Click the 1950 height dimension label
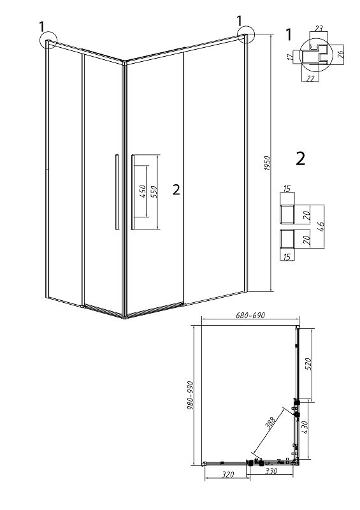[268, 164]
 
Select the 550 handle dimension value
[154, 192]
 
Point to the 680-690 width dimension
[250, 315]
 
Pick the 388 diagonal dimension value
[271, 423]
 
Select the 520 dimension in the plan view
[308, 364]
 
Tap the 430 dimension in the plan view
[305, 427]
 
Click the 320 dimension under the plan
[227, 474]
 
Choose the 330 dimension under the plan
[271, 470]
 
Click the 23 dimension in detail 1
[319, 29]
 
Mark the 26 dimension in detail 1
[340, 54]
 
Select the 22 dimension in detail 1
[310, 78]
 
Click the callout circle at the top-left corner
[48, 40]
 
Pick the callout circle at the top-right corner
[245, 34]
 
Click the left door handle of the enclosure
[117, 192]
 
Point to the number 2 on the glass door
[176, 189]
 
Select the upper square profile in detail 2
[287, 214]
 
